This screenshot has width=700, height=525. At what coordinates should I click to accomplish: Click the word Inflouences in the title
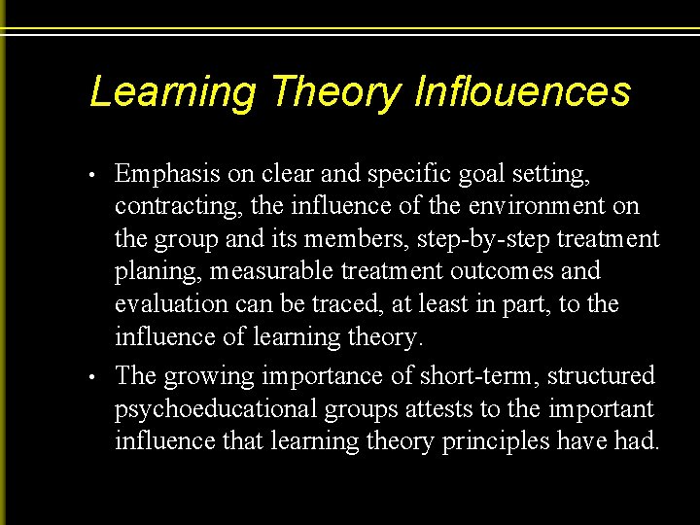pos(522,92)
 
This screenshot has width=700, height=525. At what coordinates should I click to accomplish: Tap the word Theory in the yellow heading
pos(336,93)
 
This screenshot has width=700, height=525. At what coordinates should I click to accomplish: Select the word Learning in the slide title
pos(173,93)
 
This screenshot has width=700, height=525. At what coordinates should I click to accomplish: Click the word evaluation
pos(172,305)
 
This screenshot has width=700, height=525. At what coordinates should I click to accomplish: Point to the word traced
pos(345,305)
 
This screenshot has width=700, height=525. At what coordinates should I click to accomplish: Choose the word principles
pos(497,442)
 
